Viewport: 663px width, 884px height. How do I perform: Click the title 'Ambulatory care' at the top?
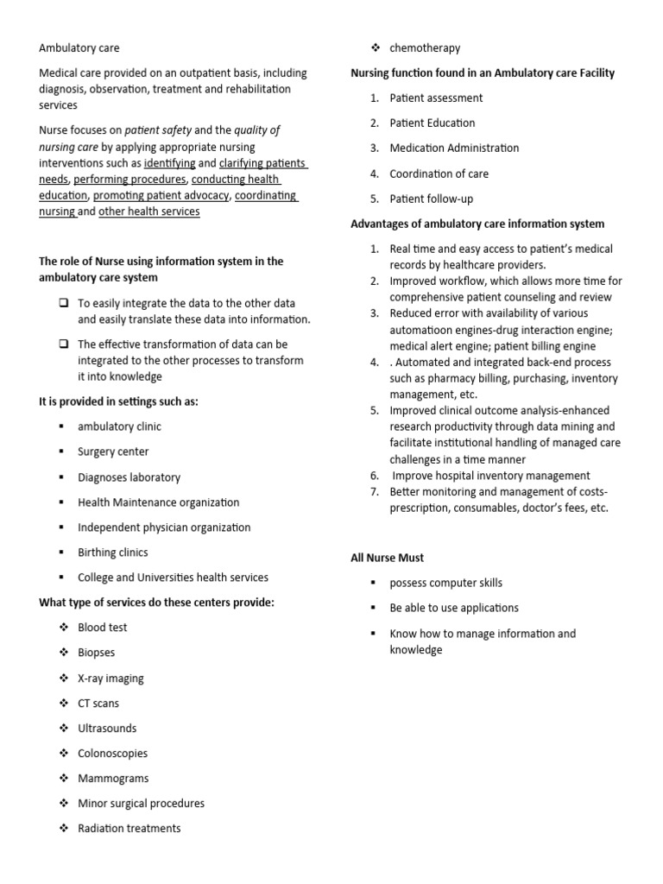coord(79,48)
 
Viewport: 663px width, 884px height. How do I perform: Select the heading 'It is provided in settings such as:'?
coord(118,401)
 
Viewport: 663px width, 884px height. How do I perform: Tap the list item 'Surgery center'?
coord(113,451)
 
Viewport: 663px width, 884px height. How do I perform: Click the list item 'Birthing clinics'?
coord(112,552)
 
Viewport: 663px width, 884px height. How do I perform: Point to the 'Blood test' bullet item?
coord(102,628)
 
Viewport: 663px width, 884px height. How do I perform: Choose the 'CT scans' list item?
coord(98,704)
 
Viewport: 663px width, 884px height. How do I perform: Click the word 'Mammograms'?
coord(113,778)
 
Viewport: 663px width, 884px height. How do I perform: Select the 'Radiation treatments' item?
coord(129,829)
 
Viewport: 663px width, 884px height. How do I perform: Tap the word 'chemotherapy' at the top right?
coord(425,48)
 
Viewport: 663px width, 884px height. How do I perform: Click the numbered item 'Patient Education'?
coord(432,123)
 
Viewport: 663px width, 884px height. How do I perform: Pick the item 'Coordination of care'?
coord(439,174)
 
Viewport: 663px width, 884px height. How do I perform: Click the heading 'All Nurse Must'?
coord(387,558)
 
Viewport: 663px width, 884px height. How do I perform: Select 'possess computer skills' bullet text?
coord(445,583)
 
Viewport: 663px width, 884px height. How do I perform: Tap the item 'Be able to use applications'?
coord(454,608)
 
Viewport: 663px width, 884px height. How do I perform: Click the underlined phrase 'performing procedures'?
coord(129,180)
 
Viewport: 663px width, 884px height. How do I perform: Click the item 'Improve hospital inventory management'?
coord(490,476)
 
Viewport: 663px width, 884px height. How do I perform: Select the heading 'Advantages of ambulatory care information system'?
coord(477,224)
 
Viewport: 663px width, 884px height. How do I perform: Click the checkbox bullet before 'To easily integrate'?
coord(64,303)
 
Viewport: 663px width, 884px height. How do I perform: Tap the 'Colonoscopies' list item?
coord(112,754)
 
